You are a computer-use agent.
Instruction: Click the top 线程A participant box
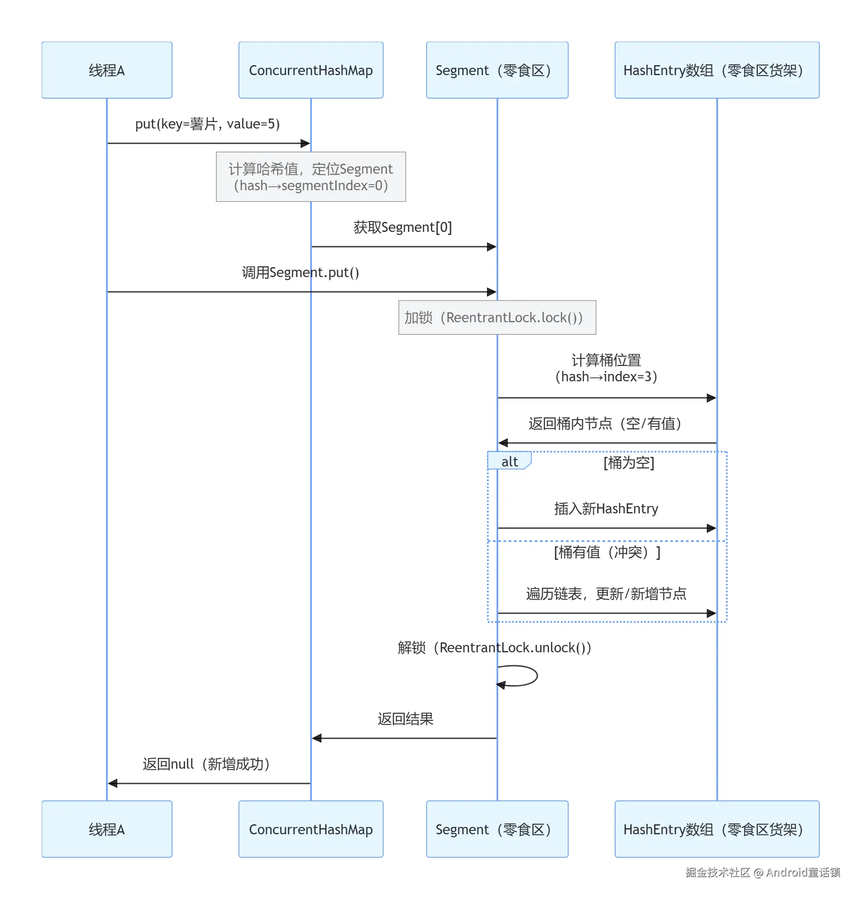[106, 70]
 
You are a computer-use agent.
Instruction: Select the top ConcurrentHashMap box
[311, 70]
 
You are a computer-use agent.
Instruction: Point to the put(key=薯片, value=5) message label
[207, 124]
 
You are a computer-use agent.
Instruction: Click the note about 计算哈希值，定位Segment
[311, 177]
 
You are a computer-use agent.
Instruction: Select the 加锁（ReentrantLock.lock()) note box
[497, 317]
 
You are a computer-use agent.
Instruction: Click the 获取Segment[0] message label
[402, 227]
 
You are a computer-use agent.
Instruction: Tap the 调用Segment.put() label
[301, 272]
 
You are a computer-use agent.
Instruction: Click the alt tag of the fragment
[509, 461]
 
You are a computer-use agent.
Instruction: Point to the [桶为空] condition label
[629, 463]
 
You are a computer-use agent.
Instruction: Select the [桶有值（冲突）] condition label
[606, 552]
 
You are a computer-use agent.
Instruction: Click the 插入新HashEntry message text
[606, 508]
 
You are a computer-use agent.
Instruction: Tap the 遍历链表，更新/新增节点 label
[606, 594]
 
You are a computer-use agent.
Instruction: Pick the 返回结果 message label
[405, 719]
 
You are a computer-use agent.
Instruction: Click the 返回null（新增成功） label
[206, 763]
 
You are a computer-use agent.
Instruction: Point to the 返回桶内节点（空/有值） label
[605, 423]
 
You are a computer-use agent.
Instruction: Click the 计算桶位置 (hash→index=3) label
[606, 368]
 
